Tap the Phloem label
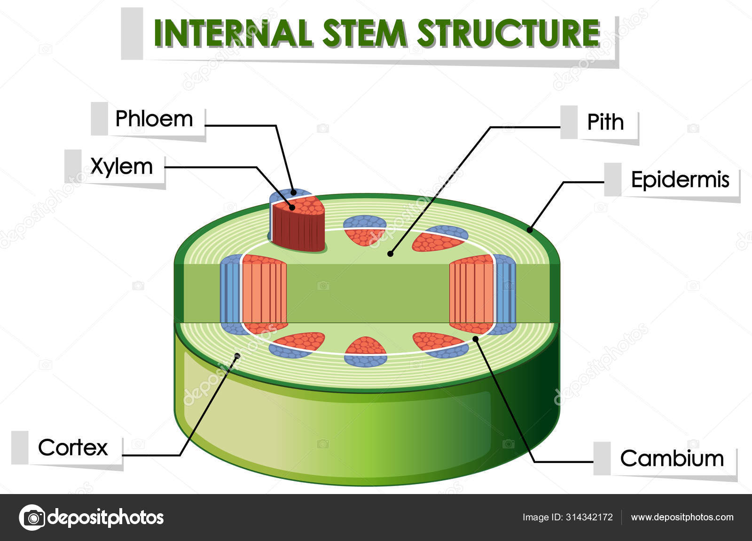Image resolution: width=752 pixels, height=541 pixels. pyautogui.click(x=154, y=119)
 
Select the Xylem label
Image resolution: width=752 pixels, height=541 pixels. pyautogui.click(x=122, y=166)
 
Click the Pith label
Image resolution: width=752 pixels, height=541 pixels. pyautogui.click(x=605, y=122)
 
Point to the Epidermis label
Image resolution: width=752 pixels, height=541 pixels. pyautogui.click(x=680, y=179)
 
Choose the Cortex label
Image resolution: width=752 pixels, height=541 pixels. pyautogui.click(x=73, y=448)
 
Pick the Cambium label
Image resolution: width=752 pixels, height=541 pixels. pyautogui.click(x=672, y=458)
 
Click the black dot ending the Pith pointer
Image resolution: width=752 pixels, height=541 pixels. pyautogui.click(x=390, y=254)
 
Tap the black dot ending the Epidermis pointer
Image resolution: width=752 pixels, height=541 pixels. pyautogui.click(x=530, y=230)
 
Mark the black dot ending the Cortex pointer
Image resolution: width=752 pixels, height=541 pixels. pyautogui.click(x=237, y=356)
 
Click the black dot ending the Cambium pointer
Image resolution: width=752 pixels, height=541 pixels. pyautogui.click(x=475, y=338)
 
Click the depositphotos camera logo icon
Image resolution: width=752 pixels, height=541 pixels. pyautogui.click(x=32, y=518)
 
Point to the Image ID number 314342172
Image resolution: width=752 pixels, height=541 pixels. pyautogui.click(x=589, y=518)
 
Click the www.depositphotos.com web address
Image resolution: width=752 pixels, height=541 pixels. pyautogui.click(x=682, y=518)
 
